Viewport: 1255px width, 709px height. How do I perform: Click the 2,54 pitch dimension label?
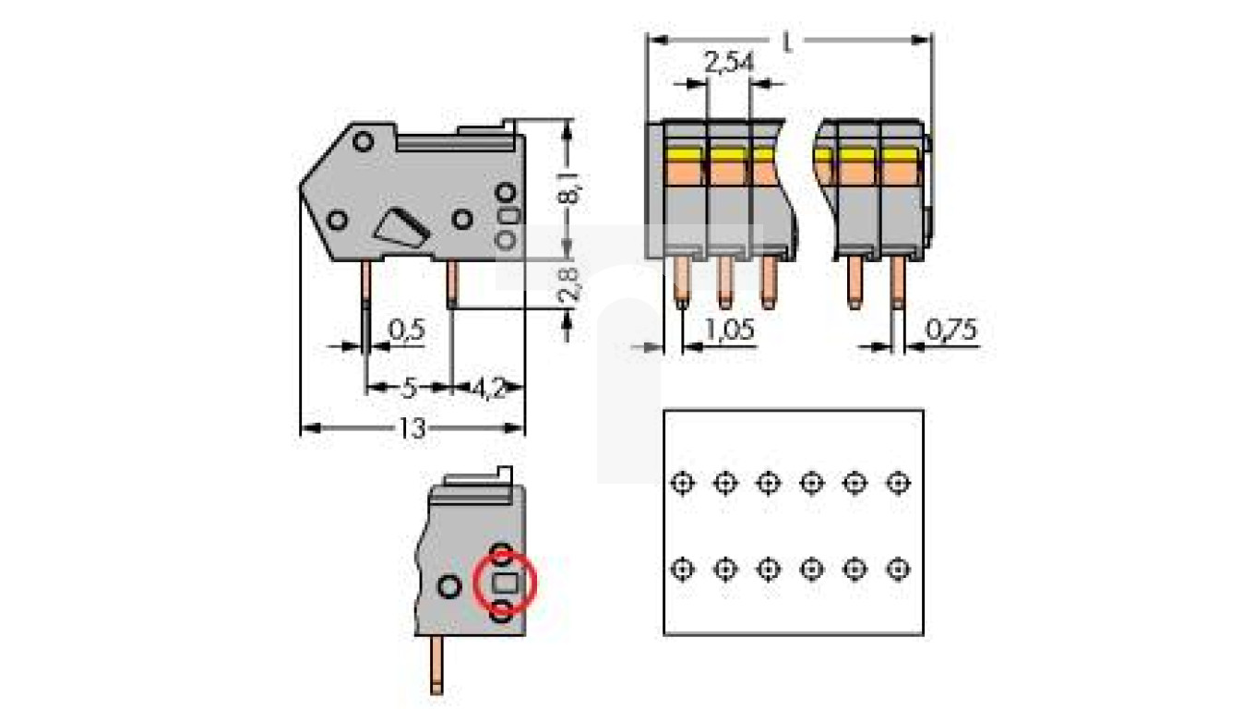[729, 64]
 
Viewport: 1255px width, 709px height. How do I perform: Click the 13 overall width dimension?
[412, 428]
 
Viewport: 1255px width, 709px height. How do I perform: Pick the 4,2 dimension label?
[488, 388]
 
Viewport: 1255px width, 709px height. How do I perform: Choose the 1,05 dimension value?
[730, 330]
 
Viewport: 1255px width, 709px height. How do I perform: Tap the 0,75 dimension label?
[950, 330]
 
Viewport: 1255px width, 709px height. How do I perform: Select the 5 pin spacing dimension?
[409, 388]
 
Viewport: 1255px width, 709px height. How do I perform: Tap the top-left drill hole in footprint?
[681, 482]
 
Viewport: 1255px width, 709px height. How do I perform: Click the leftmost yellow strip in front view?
[683, 153]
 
